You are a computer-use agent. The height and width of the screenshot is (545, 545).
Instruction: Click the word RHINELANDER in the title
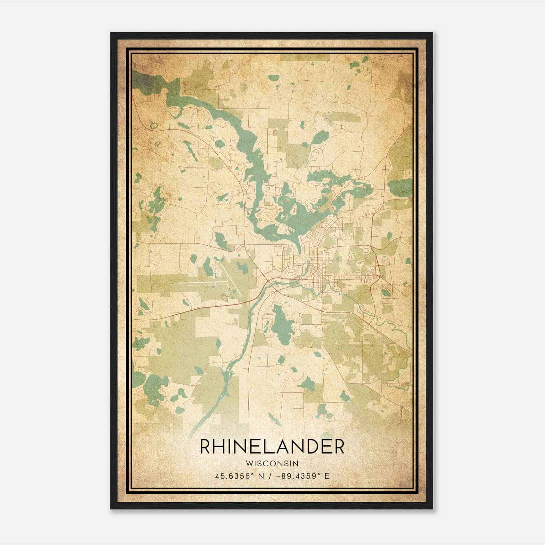click(x=272, y=447)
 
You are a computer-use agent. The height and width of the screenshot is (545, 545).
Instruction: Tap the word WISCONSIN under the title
click(x=272, y=463)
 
